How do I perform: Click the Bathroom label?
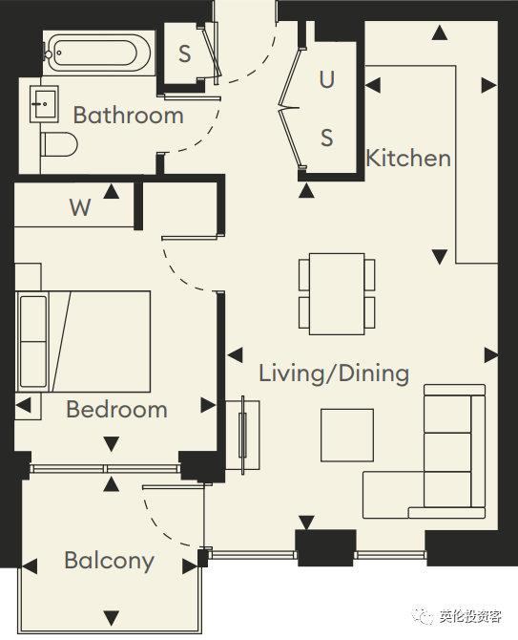pos(129,115)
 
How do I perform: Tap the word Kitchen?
pos(408,158)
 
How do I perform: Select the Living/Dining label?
pos(334,373)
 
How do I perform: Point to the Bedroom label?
pos(117,409)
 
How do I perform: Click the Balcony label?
pos(109,561)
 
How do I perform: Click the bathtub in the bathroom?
pos(97,53)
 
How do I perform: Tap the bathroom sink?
pos(44,104)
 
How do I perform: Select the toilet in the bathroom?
pos(59,144)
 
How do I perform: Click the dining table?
pos(337,293)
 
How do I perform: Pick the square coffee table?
pos(347,435)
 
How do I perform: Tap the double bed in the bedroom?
pos(83,341)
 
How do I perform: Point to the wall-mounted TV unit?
pos(243,435)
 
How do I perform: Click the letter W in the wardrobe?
pos(80,207)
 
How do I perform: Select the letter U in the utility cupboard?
pos(327,79)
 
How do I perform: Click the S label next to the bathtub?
pos(185,53)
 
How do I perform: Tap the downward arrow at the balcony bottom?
pos(112,616)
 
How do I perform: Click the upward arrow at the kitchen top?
pos(440,32)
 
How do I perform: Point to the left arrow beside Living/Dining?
pos(236,355)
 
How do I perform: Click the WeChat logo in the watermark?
pos(422,616)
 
